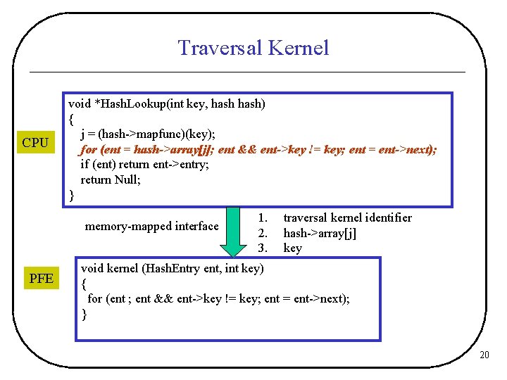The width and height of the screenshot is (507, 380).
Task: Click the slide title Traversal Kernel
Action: [253, 48]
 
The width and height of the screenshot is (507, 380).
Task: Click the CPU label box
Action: [35, 143]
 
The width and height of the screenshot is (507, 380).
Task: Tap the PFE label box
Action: [42, 279]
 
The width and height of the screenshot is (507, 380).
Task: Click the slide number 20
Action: [484, 355]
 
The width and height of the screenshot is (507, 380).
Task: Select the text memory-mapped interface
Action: [151, 226]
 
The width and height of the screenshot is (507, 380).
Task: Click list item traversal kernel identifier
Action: [347, 218]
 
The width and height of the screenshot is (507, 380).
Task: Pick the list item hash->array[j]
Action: [320, 233]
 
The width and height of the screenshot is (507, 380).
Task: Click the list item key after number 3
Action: [292, 248]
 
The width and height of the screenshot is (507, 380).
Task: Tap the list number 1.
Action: [262, 218]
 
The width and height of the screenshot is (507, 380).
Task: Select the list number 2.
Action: [262, 233]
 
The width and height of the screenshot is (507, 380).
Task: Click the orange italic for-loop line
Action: [258, 149]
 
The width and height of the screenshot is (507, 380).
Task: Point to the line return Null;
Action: [111, 179]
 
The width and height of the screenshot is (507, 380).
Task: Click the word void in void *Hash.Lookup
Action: [79, 103]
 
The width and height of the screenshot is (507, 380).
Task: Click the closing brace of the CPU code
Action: [71, 195]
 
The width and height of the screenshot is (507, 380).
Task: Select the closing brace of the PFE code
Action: [84, 315]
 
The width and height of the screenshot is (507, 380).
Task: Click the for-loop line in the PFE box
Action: [218, 298]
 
